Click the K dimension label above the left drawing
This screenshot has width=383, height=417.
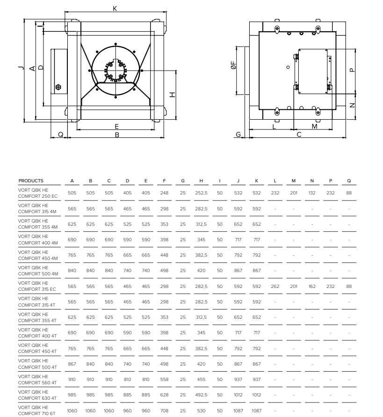tap(115, 8)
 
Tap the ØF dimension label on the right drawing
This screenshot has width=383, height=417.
tap(233, 65)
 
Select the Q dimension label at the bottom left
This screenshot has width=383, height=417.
tap(61, 135)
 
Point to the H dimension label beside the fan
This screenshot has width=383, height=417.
tap(173, 94)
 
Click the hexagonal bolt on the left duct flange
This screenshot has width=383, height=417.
tap(58, 87)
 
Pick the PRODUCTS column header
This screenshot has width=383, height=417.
tap(31, 181)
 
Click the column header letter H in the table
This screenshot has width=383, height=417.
tap(201, 181)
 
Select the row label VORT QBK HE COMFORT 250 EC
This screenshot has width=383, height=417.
tap(38, 193)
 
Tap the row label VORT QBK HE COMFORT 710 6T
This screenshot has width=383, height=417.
tap(36, 410)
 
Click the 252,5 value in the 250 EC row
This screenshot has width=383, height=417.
tap(201, 193)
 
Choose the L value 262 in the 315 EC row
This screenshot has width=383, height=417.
tap(275, 287)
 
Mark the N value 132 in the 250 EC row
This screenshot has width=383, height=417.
tap(312, 193)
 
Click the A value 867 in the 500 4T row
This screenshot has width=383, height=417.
tap(72, 364)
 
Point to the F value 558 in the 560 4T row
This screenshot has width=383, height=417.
tap(164, 380)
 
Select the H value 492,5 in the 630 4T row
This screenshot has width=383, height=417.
tap(201, 395)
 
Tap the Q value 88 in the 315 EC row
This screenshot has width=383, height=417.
tap(349, 287)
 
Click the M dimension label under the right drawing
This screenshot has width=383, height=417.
tap(314, 126)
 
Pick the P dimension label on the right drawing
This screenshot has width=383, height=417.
tap(352, 70)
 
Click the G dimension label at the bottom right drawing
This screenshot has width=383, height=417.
tap(238, 135)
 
